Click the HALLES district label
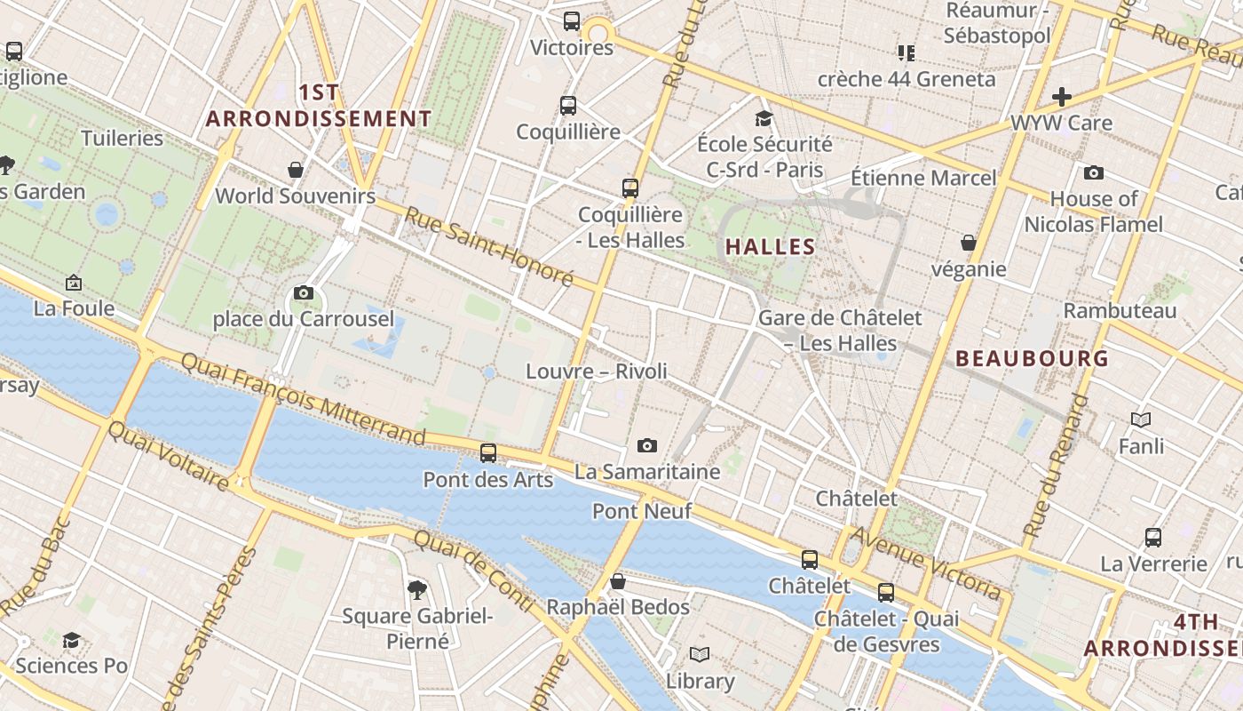(770, 247)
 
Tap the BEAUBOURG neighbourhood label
(1032, 358)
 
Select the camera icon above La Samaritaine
(647, 445)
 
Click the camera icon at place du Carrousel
(303, 292)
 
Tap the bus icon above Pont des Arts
(487, 453)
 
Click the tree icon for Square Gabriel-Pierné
(416, 589)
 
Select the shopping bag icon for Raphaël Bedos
(618, 581)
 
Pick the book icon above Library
(700, 655)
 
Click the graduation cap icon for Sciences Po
(71, 640)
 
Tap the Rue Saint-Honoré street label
(489, 246)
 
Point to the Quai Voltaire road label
(168, 455)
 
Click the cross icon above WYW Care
(1062, 96)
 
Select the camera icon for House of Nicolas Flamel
(1093, 172)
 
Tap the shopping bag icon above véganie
(968, 243)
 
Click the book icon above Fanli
(1141, 419)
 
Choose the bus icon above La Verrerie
(1152, 537)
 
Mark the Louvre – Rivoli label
(596, 371)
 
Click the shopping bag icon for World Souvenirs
(295, 170)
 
